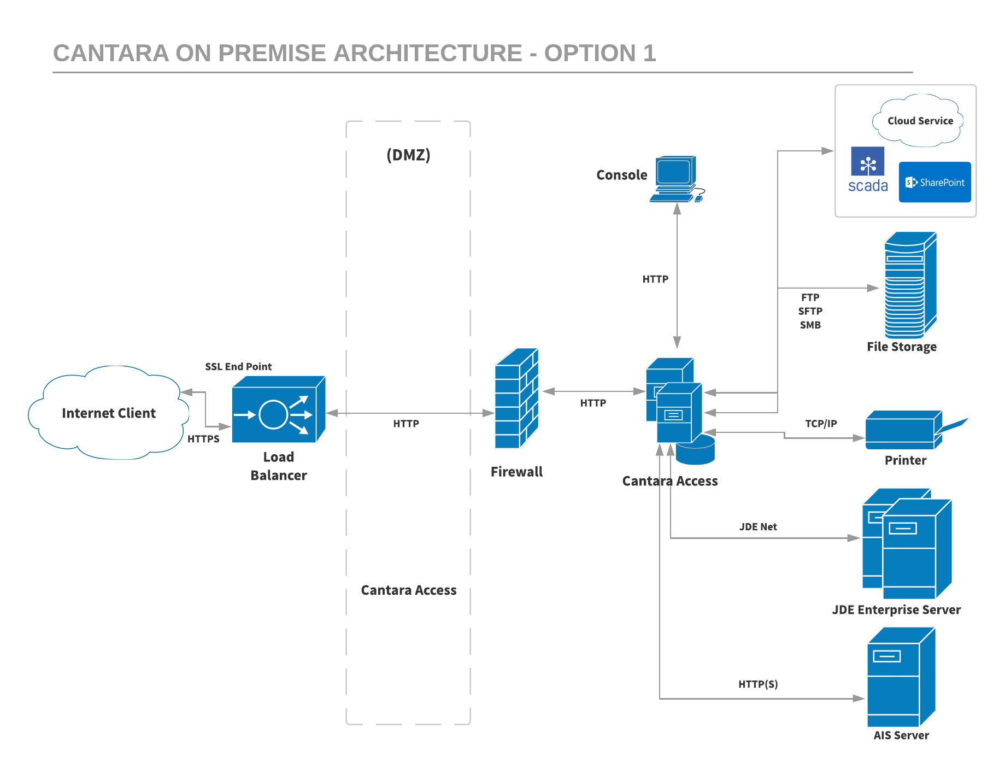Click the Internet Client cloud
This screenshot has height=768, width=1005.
pyautogui.click(x=108, y=413)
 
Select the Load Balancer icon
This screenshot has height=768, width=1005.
pyautogui.click(x=278, y=410)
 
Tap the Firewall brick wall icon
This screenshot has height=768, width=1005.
pyautogui.click(x=516, y=399)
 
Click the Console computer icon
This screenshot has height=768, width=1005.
pyautogui.click(x=675, y=179)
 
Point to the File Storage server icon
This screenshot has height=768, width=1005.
pyautogui.click(x=909, y=285)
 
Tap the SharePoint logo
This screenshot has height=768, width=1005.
pyautogui.click(x=935, y=182)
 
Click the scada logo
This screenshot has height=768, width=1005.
pyautogui.click(x=867, y=170)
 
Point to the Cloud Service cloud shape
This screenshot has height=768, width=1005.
pyautogui.click(x=920, y=121)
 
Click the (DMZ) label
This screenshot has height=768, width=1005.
pyautogui.click(x=408, y=155)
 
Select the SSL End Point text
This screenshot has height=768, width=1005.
pyautogui.click(x=238, y=367)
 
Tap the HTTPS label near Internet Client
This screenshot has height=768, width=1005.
pyautogui.click(x=203, y=439)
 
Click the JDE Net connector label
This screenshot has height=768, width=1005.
pyautogui.click(x=758, y=527)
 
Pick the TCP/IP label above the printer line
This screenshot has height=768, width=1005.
pyautogui.click(x=821, y=424)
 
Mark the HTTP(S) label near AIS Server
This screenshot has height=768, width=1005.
pyautogui.click(x=758, y=684)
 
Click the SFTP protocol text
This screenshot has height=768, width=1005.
pyautogui.click(x=810, y=311)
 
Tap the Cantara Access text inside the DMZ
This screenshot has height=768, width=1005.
pyautogui.click(x=408, y=590)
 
